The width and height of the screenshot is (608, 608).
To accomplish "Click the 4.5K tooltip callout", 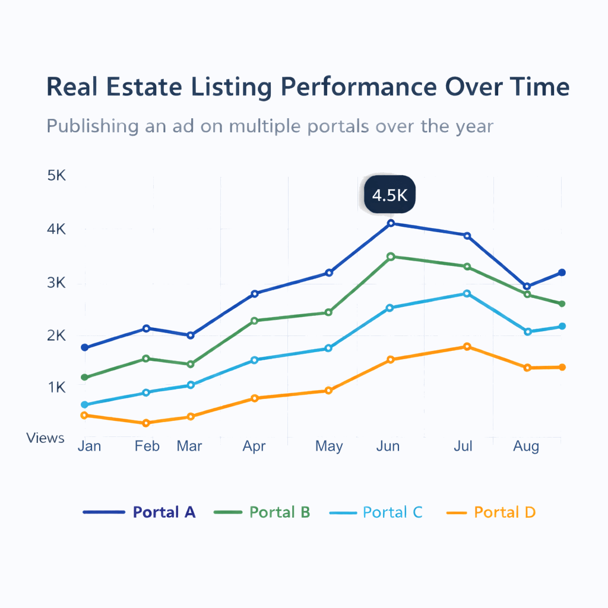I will (x=390, y=195).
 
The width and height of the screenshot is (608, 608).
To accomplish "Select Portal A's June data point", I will (x=391, y=223).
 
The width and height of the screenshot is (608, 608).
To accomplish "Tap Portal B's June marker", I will (x=391, y=256).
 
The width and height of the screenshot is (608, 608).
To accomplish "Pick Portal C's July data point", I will (x=467, y=293).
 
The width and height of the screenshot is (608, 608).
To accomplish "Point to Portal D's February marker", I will (x=146, y=423).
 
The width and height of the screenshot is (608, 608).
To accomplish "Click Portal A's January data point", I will (x=84, y=347).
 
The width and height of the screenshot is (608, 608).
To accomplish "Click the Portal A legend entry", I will (x=140, y=512).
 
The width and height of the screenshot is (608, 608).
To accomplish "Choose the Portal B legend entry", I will (x=265, y=512).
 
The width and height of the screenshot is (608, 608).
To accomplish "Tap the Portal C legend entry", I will (x=376, y=512).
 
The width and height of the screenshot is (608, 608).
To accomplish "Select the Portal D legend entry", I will (x=490, y=512).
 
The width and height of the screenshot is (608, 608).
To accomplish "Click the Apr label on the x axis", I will (x=254, y=446).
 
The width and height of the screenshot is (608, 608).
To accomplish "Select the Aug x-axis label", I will (x=526, y=446).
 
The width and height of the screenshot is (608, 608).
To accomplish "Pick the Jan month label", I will (x=89, y=446).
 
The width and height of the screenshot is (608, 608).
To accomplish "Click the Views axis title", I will (x=45, y=438).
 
